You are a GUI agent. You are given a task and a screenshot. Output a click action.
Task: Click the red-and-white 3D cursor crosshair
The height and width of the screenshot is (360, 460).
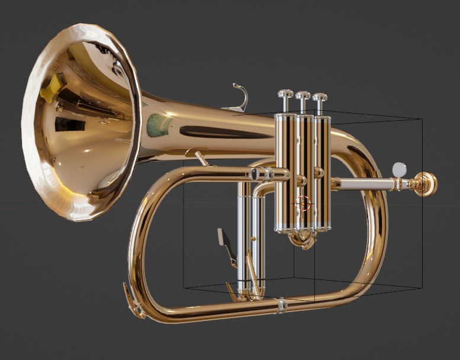click(x=303, y=204)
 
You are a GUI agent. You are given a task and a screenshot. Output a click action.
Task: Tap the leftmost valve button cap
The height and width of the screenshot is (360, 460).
click(x=285, y=94)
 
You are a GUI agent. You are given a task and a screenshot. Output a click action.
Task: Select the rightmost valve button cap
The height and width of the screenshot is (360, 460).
click(x=320, y=96)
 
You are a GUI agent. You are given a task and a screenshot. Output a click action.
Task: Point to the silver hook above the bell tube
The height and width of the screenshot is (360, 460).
click(x=239, y=98)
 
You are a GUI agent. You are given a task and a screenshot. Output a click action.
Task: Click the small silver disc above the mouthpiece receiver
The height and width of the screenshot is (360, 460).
click(x=400, y=169)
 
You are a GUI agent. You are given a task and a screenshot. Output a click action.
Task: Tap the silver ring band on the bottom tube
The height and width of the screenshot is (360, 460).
click(x=282, y=305)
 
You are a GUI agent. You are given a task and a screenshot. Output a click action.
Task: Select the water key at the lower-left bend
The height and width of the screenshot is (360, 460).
click(x=134, y=301)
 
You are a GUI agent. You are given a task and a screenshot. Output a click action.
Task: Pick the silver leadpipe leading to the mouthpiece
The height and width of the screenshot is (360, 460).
click(x=367, y=184)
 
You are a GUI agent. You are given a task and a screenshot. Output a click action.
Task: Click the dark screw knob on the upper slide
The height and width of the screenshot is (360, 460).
click(x=255, y=174)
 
